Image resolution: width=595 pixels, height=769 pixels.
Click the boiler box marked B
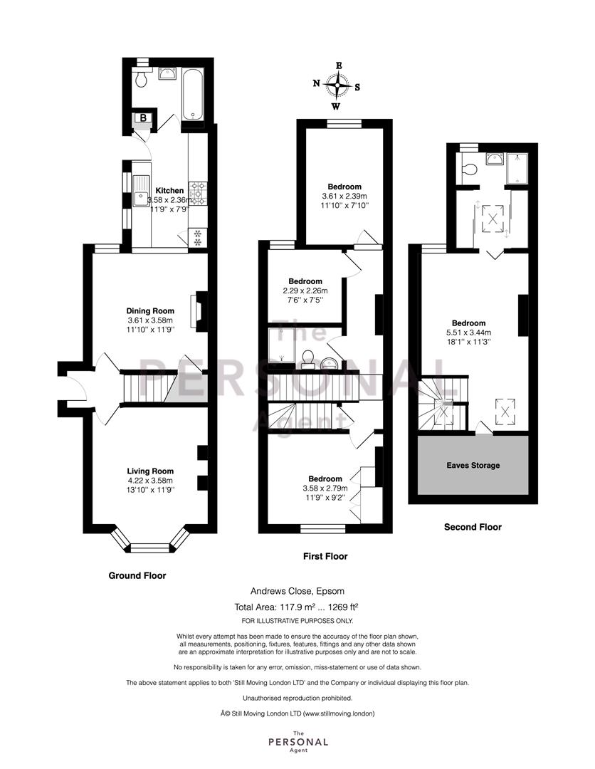143,117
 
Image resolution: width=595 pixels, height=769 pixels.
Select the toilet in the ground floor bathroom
140,78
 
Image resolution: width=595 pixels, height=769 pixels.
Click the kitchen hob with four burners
198,192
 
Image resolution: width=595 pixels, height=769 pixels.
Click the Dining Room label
150,310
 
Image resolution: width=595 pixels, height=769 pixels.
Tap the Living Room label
150,471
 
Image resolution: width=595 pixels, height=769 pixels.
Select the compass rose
337,86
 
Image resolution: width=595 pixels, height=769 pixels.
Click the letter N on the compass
317,83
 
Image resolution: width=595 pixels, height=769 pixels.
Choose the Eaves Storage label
473,466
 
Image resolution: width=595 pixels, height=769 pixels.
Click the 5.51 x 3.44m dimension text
468,333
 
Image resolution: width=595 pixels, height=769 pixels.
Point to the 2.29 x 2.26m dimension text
305,291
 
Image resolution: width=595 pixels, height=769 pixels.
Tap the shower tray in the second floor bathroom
517,168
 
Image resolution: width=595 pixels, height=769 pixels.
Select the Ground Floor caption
137,576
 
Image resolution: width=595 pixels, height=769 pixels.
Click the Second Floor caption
473,527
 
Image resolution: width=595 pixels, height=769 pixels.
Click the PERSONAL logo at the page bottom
298,742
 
